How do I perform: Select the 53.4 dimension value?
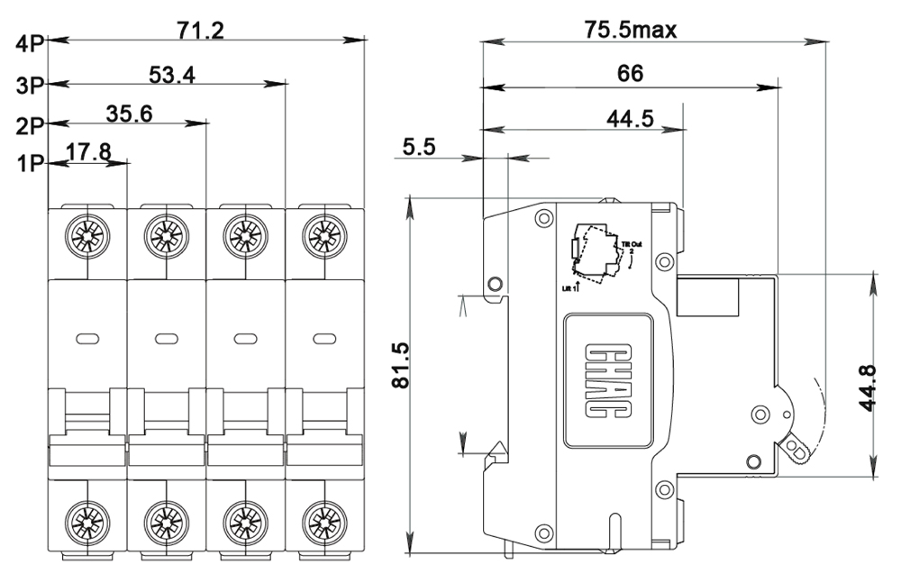172,75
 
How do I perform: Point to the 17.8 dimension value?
88,152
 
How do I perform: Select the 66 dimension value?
631,75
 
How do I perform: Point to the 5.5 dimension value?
418,148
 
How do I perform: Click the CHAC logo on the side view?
607,380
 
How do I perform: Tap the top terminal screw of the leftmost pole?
87,236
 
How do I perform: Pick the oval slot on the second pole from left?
167,339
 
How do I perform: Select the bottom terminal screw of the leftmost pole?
87,521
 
